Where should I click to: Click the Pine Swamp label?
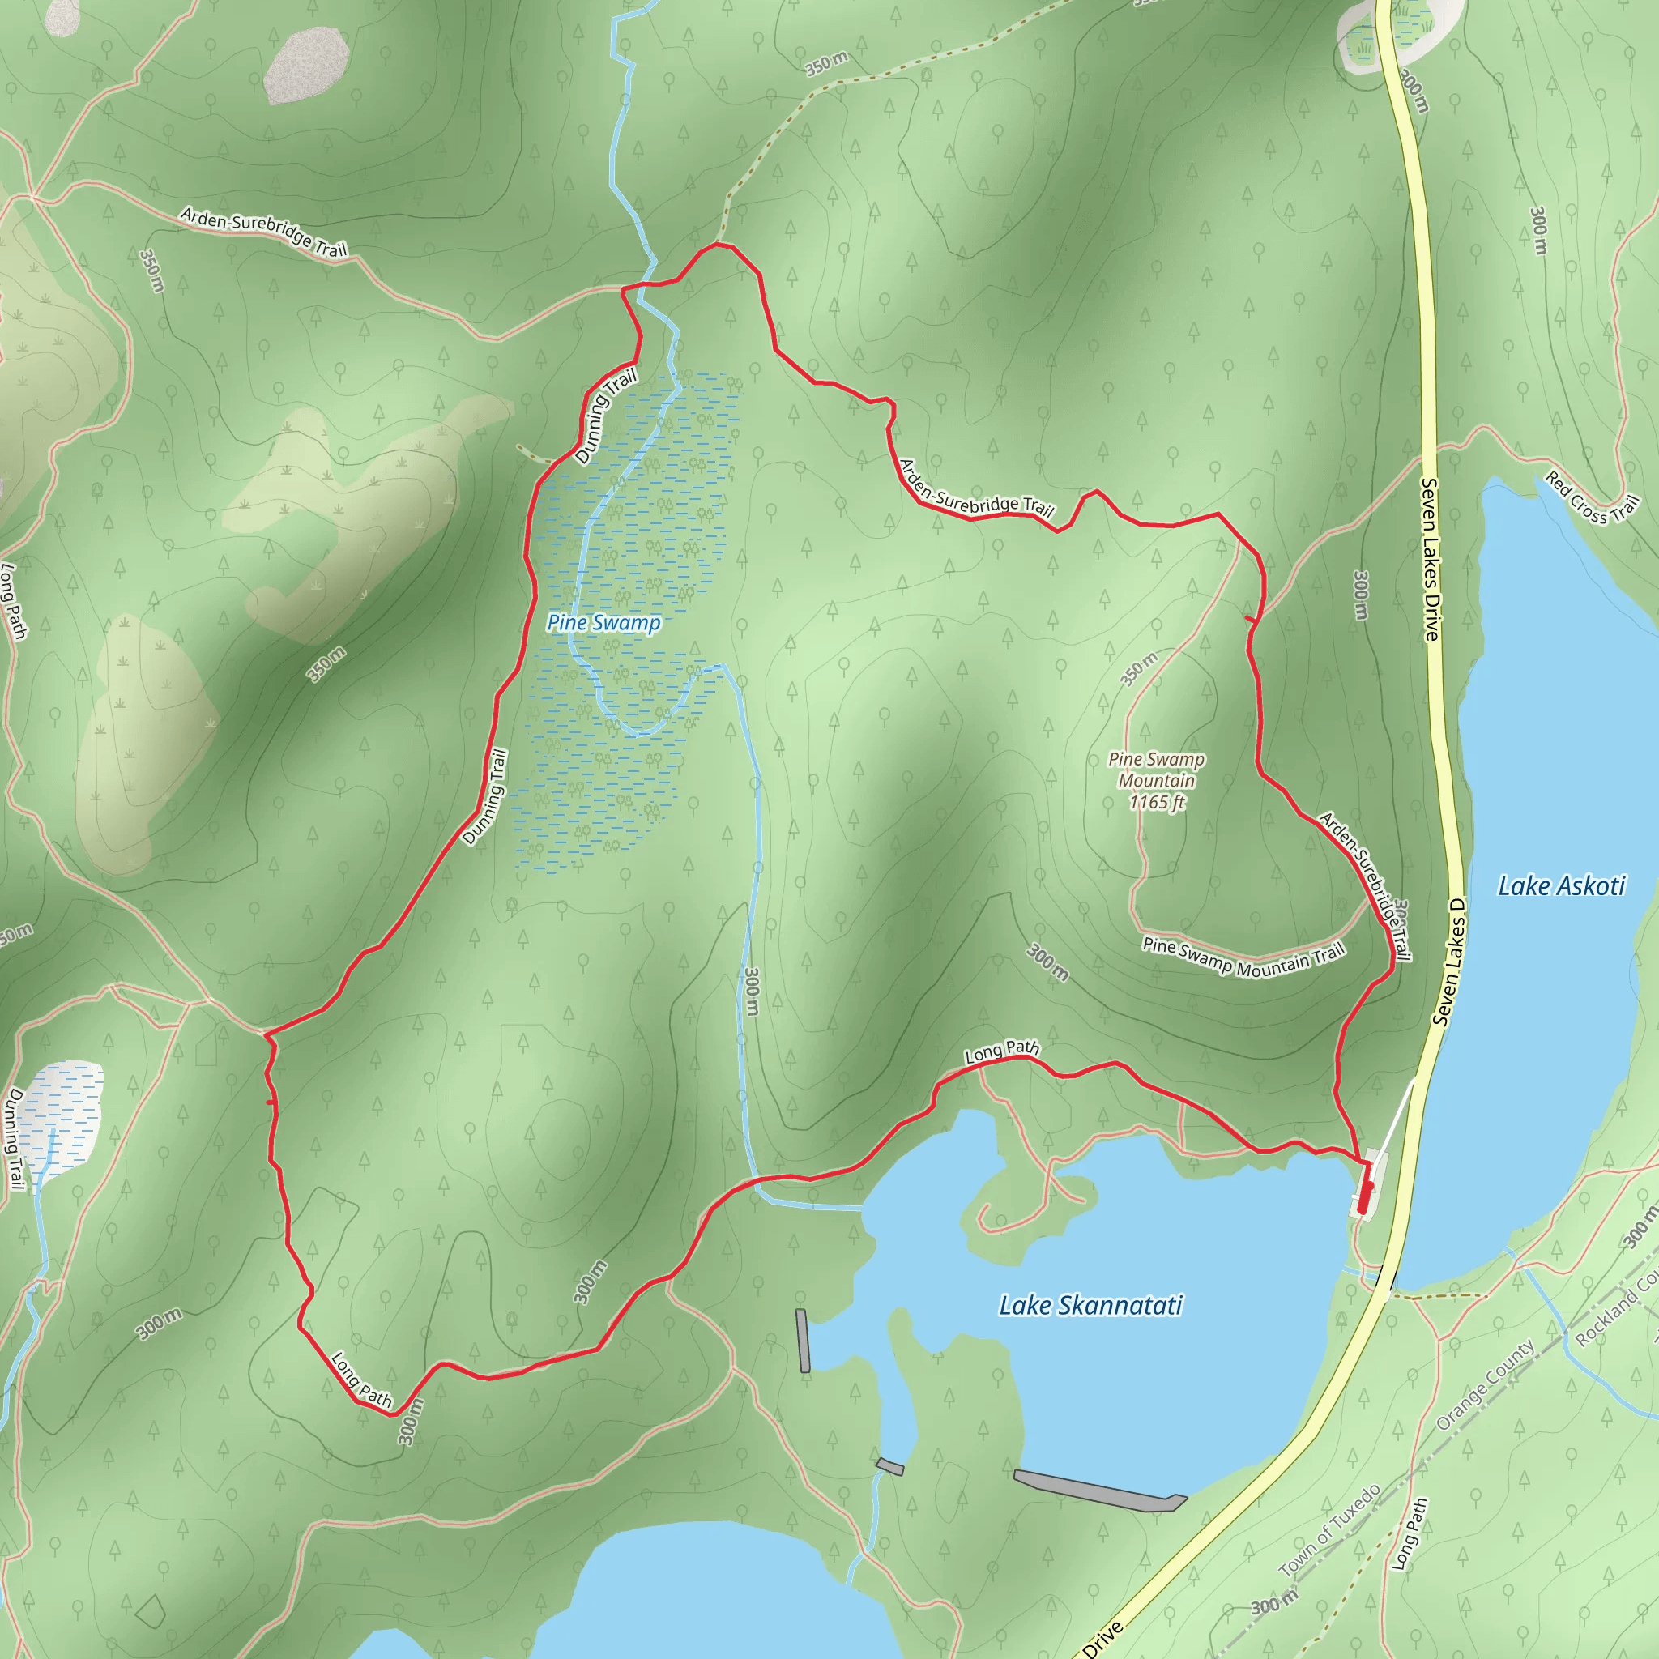coord(603,623)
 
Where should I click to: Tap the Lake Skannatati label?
coord(1090,1306)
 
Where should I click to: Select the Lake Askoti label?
coord(1561,886)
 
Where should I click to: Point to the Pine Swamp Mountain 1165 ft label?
coord(1156,781)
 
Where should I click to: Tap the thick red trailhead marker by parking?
coord(1363,1198)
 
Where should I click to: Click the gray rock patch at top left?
coord(305,66)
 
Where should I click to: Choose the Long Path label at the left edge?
coord(13,601)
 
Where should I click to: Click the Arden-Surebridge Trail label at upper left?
coord(263,232)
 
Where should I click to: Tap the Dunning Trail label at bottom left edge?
coord(15,1139)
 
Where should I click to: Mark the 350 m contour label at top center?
coord(826,63)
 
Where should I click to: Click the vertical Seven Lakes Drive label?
coord(1430,559)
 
